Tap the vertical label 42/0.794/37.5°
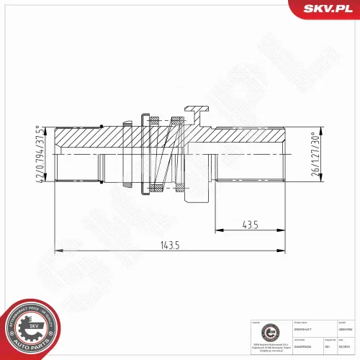[x=38, y=152]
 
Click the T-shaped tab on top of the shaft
[x=197, y=112]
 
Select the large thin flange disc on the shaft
[x=144, y=153]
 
